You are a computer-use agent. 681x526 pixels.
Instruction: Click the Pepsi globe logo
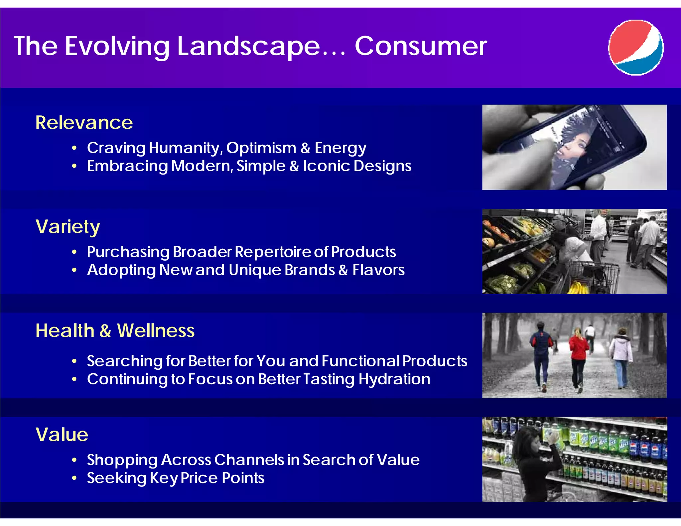pyautogui.click(x=636, y=48)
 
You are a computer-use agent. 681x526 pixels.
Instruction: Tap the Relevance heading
pyautogui.click(x=84, y=123)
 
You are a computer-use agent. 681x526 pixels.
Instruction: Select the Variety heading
pyautogui.click(x=68, y=227)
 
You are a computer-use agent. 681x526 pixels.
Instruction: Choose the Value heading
pyautogui.click(x=62, y=435)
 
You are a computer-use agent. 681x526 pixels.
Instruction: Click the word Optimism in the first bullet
pyautogui.click(x=261, y=148)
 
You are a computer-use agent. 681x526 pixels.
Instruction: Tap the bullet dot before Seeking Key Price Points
pyautogui.click(x=74, y=478)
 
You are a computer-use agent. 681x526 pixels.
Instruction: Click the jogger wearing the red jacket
pyautogui.click(x=579, y=356)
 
